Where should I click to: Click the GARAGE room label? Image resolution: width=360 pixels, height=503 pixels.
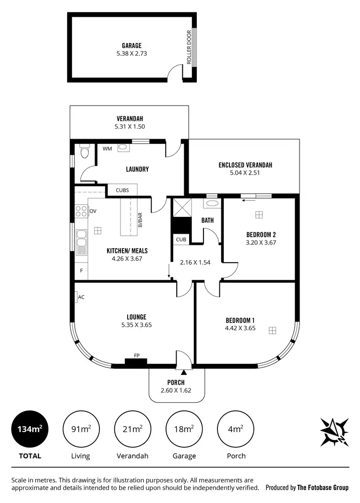(131, 46)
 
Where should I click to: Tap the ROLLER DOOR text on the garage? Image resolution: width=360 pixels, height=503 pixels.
(189, 48)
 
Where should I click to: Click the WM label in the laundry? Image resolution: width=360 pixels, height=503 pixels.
(107, 149)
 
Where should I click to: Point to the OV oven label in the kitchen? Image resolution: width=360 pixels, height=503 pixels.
(93, 211)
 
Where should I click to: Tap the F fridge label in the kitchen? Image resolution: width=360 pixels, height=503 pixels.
(81, 271)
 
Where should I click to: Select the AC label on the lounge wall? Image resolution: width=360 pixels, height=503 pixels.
(81, 297)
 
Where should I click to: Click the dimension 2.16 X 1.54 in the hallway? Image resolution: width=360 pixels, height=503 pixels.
(196, 263)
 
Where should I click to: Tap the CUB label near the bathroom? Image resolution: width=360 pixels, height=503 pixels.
(180, 239)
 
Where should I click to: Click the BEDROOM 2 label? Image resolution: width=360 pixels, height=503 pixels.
(261, 235)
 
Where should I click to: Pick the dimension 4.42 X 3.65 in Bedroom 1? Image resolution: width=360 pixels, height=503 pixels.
(240, 329)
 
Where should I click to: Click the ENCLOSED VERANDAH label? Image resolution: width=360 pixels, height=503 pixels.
(245, 165)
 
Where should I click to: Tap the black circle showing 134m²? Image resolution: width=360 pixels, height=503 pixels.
(29, 429)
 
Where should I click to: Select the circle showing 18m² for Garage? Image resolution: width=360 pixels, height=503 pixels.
(184, 429)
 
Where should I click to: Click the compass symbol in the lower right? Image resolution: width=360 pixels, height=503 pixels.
(334, 431)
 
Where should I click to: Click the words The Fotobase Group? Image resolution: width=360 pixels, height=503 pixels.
(323, 488)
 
